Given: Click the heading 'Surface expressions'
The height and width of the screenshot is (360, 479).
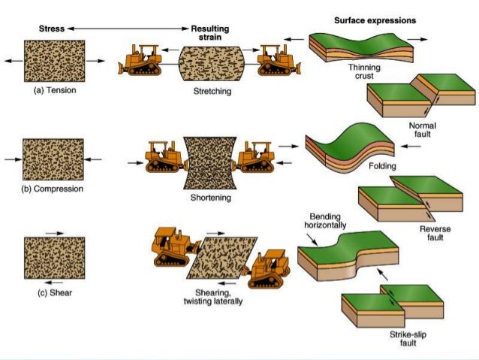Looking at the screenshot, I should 375,20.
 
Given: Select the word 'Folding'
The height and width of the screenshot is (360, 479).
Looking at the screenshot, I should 383,165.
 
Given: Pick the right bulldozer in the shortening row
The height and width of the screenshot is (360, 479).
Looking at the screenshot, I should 259,160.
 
